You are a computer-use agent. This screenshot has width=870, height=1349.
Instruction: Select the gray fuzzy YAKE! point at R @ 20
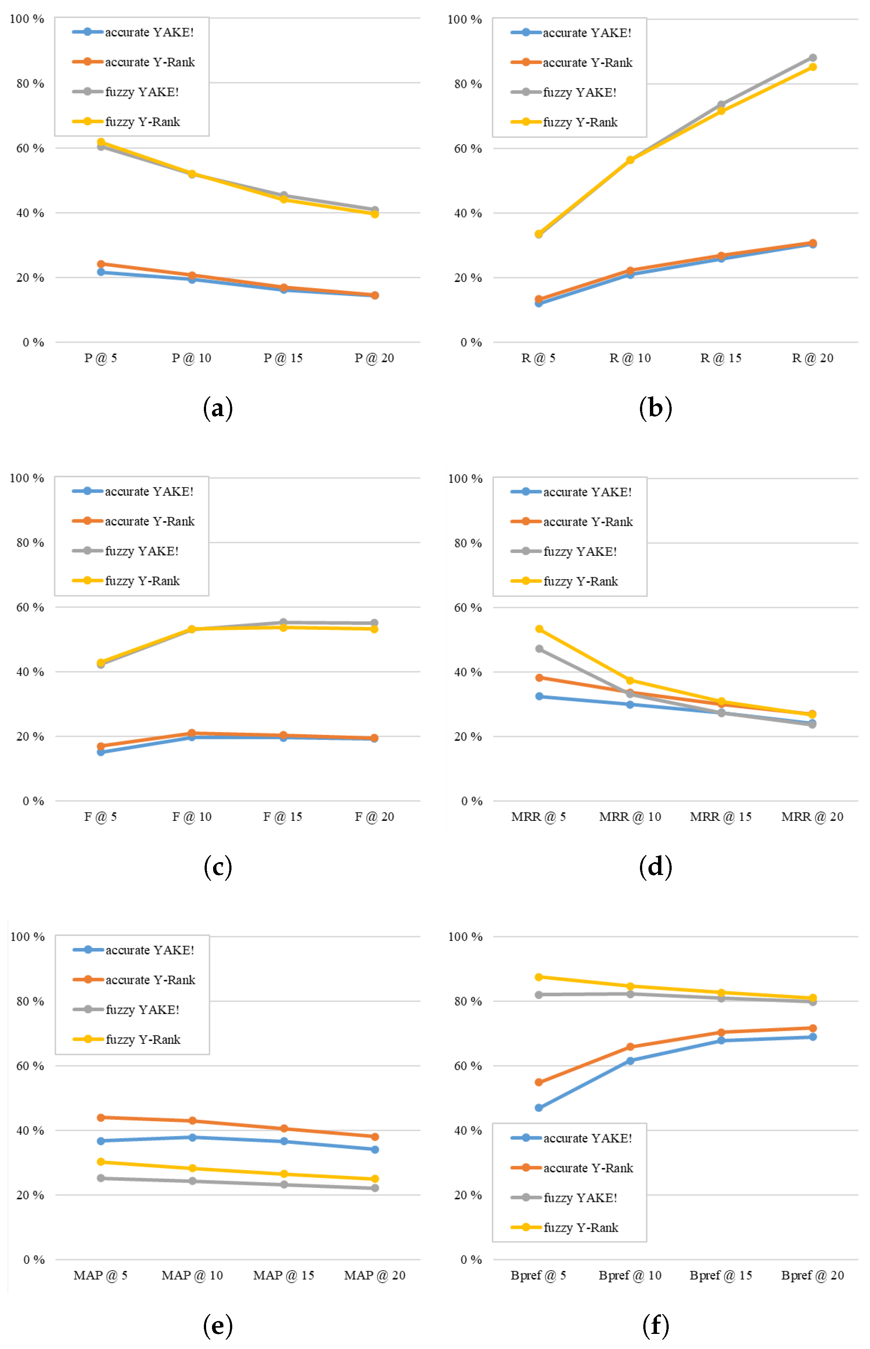tap(812, 57)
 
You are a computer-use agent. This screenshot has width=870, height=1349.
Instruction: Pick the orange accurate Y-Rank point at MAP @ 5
tap(101, 1118)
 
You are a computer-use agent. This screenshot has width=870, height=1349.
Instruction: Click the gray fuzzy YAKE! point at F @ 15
tap(283, 622)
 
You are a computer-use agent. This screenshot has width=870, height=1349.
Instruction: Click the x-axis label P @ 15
tap(283, 358)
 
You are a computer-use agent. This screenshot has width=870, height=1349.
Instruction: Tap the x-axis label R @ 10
tap(630, 358)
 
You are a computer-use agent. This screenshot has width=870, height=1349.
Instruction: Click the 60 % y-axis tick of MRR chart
tap(468, 607)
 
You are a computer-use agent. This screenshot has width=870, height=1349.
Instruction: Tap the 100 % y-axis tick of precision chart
tap(27, 19)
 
